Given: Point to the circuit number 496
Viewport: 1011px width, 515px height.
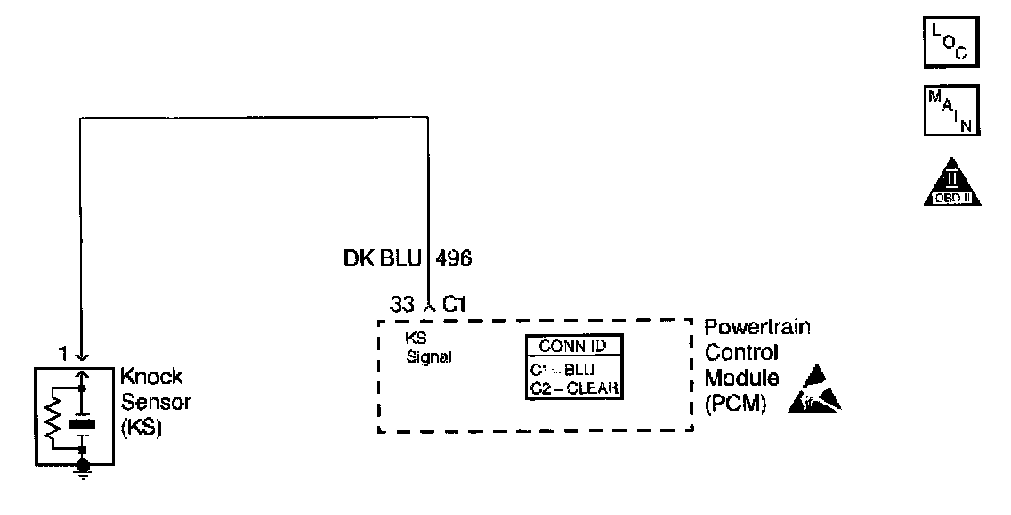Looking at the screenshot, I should tap(454, 258).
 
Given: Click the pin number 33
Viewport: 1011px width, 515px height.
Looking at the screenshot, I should tap(402, 305).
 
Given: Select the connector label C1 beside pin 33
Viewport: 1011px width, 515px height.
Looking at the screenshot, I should tap(455, 305).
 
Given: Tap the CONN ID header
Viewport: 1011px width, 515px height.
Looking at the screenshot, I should tap(573, 346).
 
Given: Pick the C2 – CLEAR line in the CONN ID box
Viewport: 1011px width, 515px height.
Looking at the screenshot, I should tap(572, 388).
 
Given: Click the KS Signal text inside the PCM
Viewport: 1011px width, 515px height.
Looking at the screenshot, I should tap(428, 348).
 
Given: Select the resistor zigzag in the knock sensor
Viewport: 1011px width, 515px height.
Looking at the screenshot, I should tap(54, 420).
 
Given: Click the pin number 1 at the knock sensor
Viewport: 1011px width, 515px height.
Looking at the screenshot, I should tap(63, 355).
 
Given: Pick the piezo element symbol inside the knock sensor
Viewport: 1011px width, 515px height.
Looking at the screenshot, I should tap(83, 424).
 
